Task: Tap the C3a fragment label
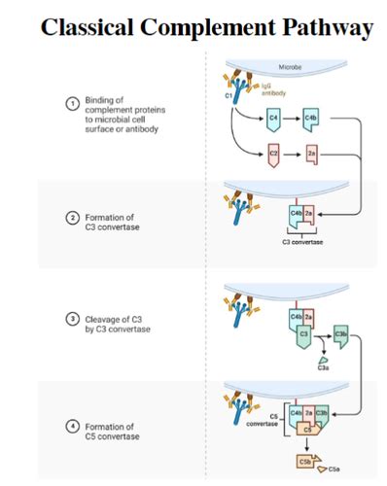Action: pyautogui.click(x=323, y=367)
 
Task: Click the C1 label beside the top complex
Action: pyautogui.click(x=229, y=97)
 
